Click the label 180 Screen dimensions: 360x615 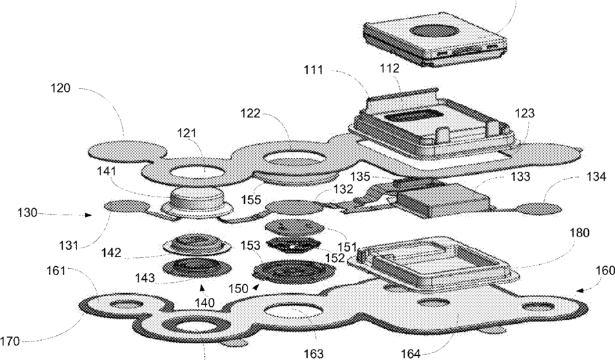[x=580, y=233]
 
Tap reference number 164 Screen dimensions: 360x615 [x=412, y=354]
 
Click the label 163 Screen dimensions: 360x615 [x=314, y=353]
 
